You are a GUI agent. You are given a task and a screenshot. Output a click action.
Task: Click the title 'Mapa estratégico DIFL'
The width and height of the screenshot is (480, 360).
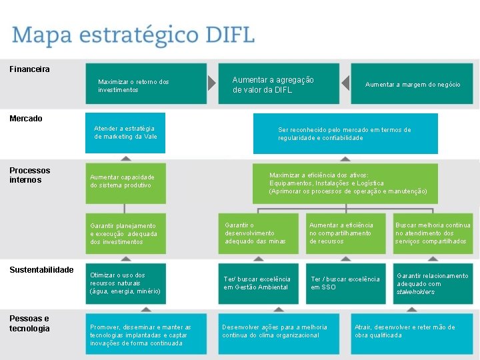[x=133, y=35]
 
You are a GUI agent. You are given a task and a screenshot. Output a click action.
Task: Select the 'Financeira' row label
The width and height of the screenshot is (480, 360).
[x=29, y=69]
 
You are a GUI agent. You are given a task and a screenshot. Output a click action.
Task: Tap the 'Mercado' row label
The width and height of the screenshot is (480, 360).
[x=26, y=119]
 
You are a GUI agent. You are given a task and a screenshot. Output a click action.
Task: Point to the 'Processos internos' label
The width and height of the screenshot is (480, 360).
[x=29, y=175]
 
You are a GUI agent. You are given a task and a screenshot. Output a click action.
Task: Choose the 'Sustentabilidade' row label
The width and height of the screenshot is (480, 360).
[x=41, y=270]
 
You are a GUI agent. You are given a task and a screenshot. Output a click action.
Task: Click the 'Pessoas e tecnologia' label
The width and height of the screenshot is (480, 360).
[x=29, y=323]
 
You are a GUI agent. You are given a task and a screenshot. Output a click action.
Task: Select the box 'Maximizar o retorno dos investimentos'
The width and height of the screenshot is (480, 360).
[x=146, y=85]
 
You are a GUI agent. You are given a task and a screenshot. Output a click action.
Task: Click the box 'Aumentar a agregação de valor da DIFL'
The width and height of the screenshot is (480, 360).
[x=278, y=84]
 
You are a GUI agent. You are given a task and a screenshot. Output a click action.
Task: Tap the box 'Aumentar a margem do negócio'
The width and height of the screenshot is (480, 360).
[x=412, y=85]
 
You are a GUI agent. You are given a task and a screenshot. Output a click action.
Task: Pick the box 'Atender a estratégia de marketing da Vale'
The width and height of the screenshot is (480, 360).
[x=146, y=133]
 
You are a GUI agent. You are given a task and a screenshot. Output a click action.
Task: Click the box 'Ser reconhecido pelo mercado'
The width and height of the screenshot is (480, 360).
[x=345, y=133]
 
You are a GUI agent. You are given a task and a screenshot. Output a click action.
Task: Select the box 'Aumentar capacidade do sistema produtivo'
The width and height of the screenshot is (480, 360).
[x=146, y=181]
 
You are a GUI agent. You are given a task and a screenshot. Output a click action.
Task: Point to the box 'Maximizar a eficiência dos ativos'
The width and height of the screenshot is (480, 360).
[x=345, y=183]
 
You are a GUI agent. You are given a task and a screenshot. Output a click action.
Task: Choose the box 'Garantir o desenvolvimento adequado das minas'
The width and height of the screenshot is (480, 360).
[x=260, y=233]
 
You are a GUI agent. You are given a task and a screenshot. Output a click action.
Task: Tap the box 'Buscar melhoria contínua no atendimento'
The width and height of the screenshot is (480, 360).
[x=433, y=233]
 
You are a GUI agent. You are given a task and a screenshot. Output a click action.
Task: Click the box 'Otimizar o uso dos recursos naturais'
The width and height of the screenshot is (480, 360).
[x=146, y=283]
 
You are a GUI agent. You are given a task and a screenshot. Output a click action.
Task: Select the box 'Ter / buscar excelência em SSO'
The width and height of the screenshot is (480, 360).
[x=346, y=283]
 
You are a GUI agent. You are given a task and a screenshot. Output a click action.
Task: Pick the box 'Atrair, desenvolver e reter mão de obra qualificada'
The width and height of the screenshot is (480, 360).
[x=414, y=331]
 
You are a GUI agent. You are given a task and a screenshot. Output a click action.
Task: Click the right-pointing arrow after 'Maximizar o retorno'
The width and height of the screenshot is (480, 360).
[x=211, y=83]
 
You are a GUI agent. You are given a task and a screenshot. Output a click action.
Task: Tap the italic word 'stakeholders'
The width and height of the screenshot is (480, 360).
[x=415, y=292]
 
